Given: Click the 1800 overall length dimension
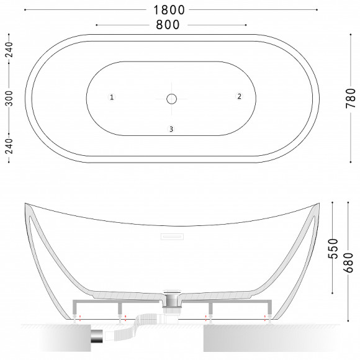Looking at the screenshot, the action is click(169, 10).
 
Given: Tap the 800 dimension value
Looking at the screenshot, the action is click(168, 25).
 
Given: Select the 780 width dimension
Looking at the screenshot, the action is click(351, 98).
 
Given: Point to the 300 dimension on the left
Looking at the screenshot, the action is click(9, 98).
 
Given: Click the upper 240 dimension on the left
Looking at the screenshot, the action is click(9, 50).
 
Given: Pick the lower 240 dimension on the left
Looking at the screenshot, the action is click(9, 146).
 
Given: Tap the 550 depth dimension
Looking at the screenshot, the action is click(333, 249).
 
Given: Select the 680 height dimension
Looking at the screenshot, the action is click(348, 263).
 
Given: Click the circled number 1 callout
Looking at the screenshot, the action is click(112, 97).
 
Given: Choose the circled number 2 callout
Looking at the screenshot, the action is click(239, 96).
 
